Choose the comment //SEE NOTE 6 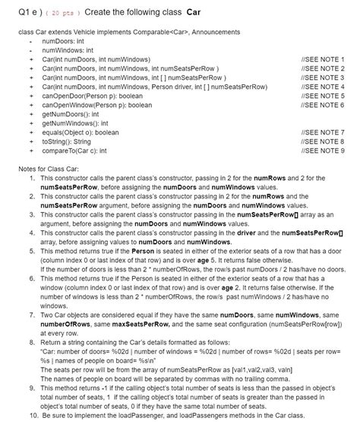coord(323,105)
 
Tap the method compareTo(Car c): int coord(74,151)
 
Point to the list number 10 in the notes coord(32,416)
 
